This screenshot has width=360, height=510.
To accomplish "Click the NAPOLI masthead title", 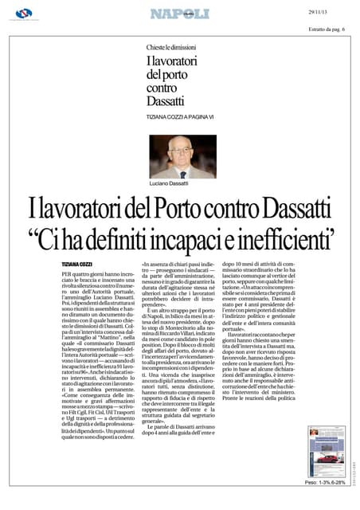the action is pyautogui.click(x=179, y=14).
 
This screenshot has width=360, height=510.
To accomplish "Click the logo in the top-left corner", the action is pyautogui.click(x=24, y=14).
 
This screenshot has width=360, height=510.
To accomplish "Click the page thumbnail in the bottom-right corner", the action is pyautogui.click(x=324, y=452).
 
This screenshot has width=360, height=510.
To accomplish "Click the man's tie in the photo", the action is pyautogui.click(x=183, y=173).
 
